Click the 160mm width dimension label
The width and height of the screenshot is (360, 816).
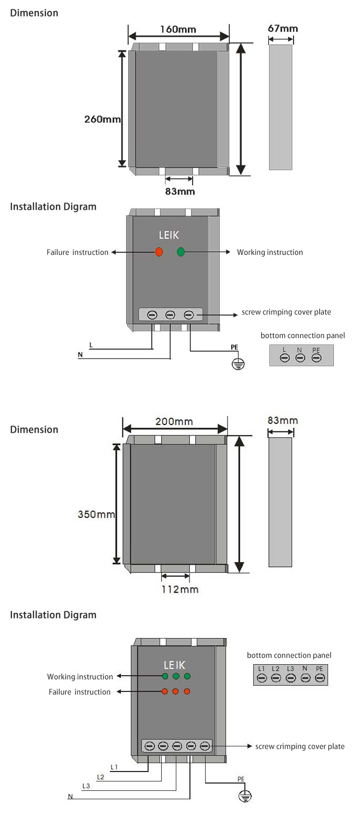pyautogui.click(x=178, y=29)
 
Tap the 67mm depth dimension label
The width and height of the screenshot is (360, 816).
pyautogui.click(x=283, y=28)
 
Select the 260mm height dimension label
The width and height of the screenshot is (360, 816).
pyautogui.click(x=103, y=119)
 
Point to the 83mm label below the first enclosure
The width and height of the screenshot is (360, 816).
pyautogui.click(x=179, y=192)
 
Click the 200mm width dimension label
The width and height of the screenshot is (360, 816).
pyautogui.click(x=174, y=422)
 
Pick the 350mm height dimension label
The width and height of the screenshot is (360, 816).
pyautogui.click(x=96, y=514)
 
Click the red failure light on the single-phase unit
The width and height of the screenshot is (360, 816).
pyautogui.click(x=159, y=252)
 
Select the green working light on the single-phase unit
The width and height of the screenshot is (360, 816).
pyautogui.click(x=181, y=252)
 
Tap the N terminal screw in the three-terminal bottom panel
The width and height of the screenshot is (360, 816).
pyautogui.click(x=300, y=358)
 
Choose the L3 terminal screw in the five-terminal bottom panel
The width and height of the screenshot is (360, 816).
pyautogui.click(x=291, y=678)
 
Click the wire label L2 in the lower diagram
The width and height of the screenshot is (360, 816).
pyautogui.click(x=100, y=777)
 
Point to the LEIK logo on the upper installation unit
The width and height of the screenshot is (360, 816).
pyautogui.click(x=169, y=236)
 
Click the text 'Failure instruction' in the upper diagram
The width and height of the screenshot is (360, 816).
pyautogui.click(x=77, y=252)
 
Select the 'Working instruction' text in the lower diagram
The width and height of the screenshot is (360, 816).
pyautogui.click(x=80, y=677)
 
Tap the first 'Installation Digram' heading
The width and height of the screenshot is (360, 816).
pyautogui.click(x=53, y=207)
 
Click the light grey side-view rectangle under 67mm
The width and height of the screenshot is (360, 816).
pyautogui.click(x=280, y=107)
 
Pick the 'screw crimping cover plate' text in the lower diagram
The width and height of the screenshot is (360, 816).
pyautogui.click(x=300, y=746)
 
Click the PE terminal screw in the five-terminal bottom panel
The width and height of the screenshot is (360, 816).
pyautogui.click(x=320, y=678)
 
